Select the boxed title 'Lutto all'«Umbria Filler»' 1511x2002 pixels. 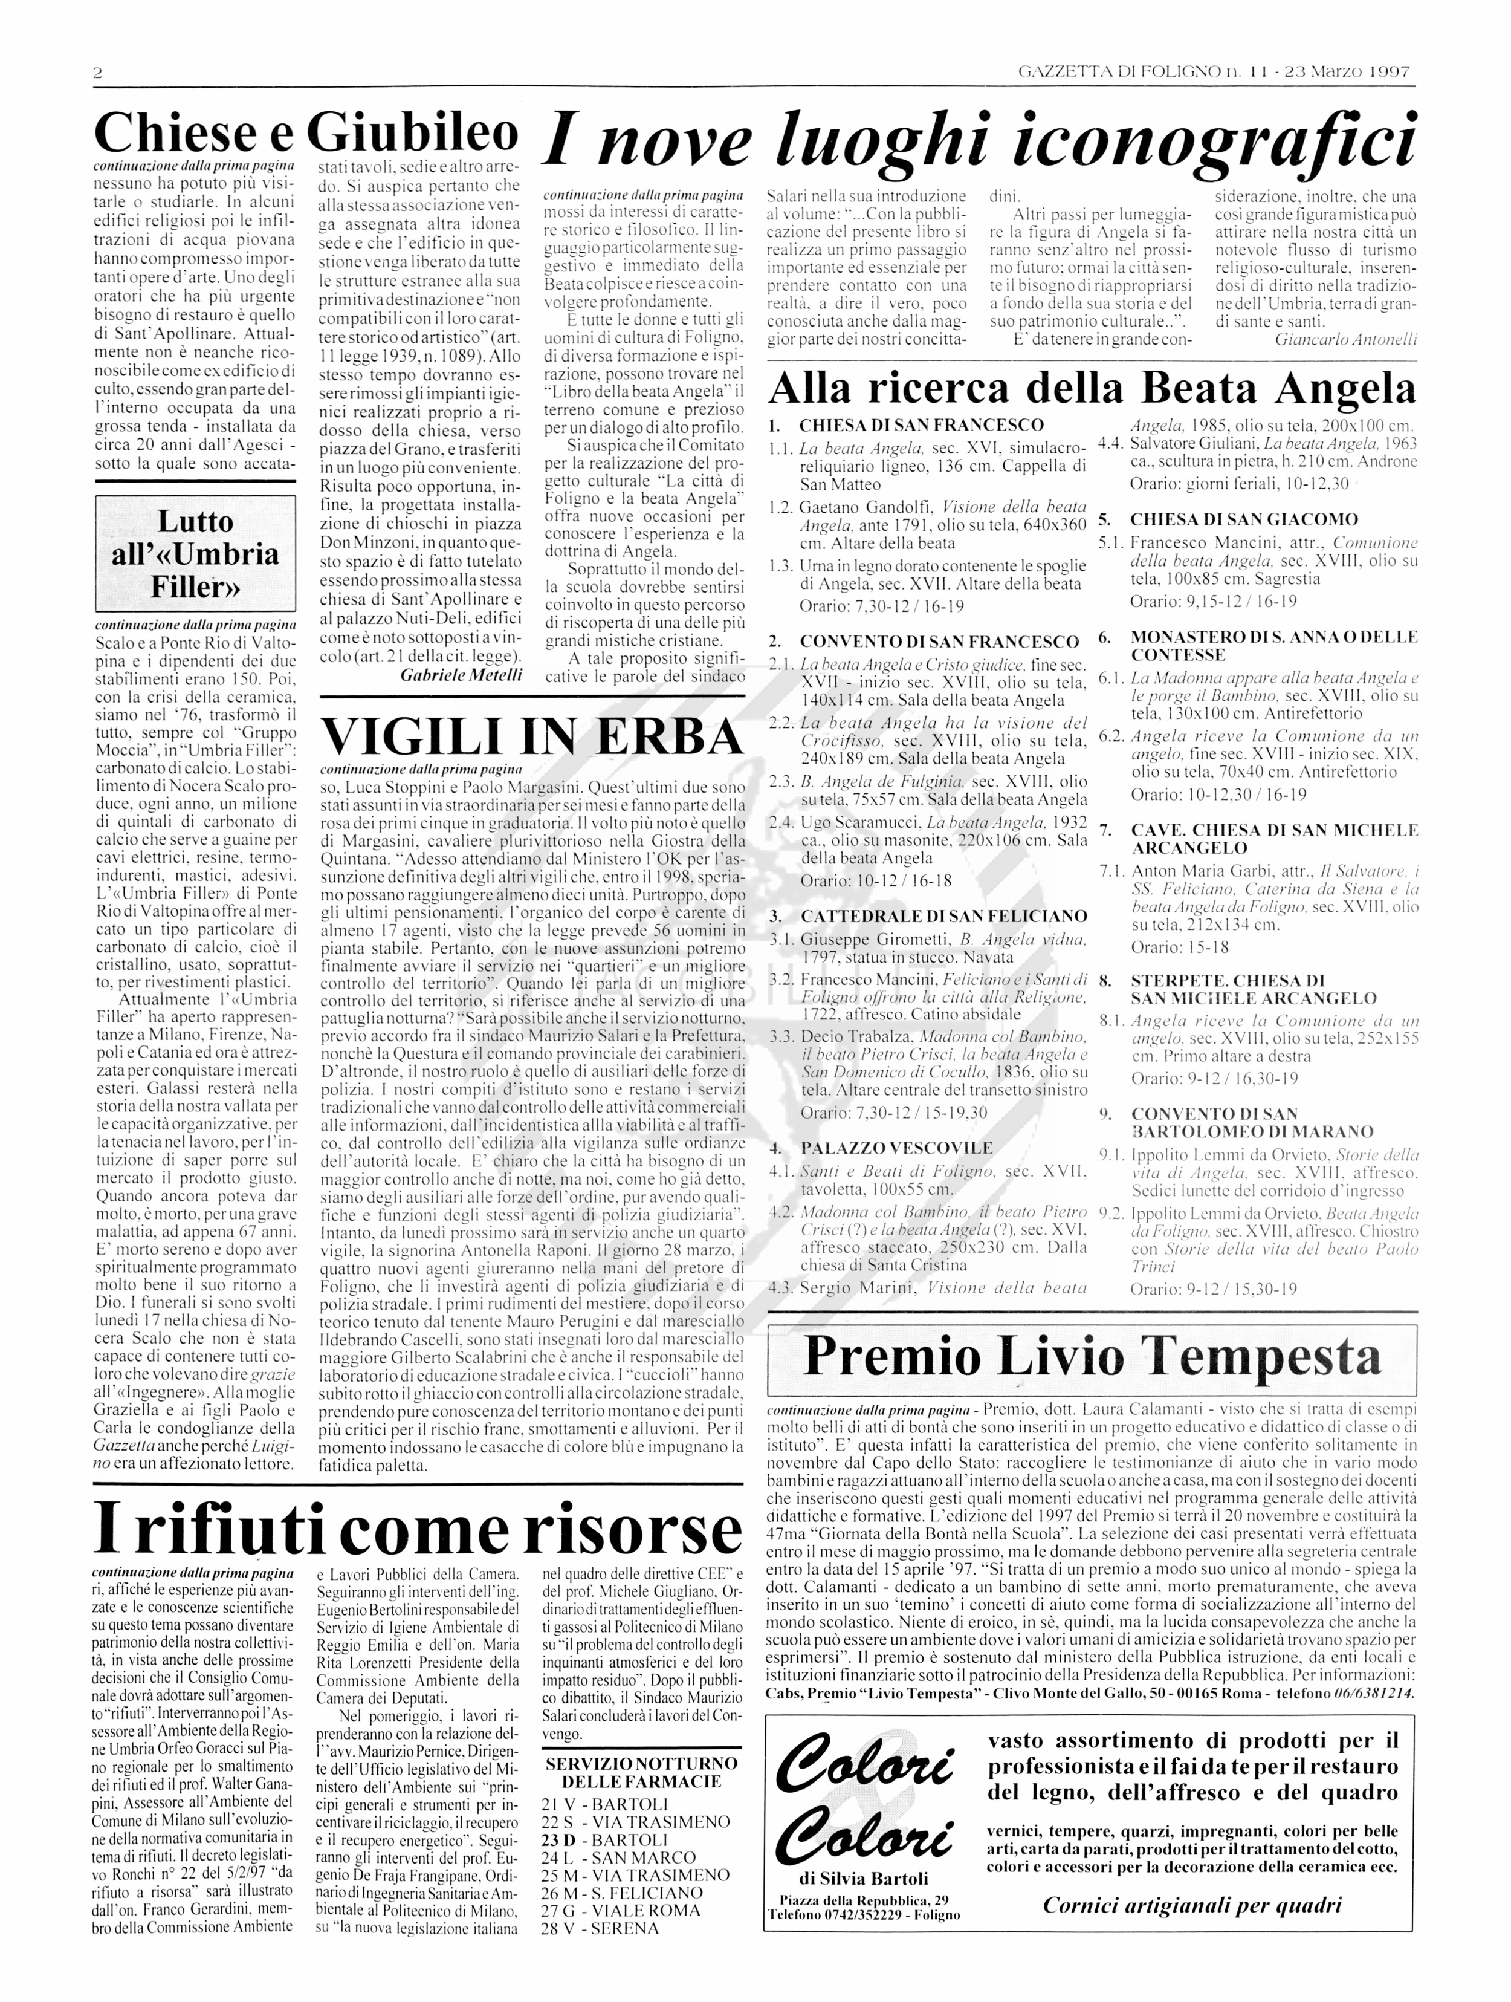(x=195, y=554)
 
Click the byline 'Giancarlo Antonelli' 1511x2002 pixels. (x=1345, y=339)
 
